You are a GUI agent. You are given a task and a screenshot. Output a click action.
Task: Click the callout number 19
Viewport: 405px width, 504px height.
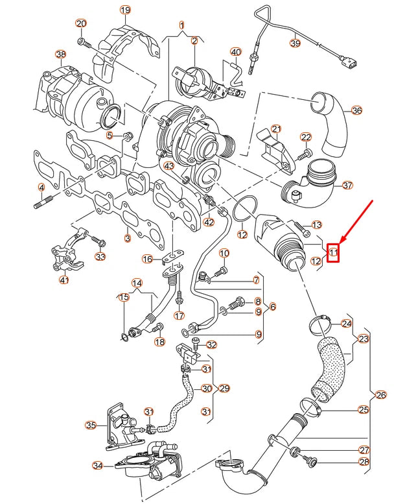click(125, 10)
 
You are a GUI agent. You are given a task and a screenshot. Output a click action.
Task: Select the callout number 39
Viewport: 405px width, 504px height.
click(295, 43)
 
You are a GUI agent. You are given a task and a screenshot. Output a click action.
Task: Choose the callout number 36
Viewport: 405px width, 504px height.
click(356, 110)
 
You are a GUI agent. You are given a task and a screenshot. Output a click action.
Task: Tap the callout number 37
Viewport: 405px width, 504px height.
click(348, 185)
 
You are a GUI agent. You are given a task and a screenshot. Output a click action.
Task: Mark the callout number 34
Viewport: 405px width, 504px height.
click(98, 465)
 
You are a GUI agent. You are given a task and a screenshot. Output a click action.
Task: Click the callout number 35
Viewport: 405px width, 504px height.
click(91, 426)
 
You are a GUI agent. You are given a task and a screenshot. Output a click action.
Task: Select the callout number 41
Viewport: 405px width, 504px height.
click(64, 280)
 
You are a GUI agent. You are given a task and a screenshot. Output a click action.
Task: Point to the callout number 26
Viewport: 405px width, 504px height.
click(380, 394)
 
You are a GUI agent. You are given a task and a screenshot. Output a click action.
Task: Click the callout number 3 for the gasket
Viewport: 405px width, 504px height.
click(127, 239)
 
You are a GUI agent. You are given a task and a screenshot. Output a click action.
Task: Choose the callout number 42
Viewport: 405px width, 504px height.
click(208, 222)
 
